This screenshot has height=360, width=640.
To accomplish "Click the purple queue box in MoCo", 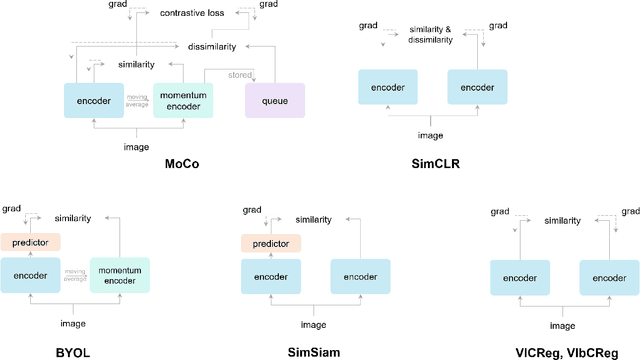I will (274, 101).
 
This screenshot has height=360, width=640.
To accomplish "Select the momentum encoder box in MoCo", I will (184, 101).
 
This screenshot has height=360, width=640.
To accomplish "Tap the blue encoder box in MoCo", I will (93, 101).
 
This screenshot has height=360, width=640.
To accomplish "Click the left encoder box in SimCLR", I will (389, 87).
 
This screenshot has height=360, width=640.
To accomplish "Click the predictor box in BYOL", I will (30, 242).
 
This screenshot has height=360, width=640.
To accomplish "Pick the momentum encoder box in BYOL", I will (121, 275).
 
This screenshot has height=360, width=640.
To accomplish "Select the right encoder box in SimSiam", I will (361, 275).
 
